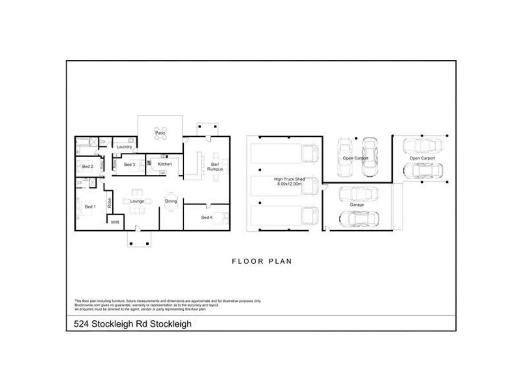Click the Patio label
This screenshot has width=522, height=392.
pyautogui.click(x=159, y=133)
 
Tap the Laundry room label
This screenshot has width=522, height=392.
pyautogui.click(x=125, y=147)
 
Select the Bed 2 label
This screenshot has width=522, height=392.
pyautogui.click(x=88, y=167)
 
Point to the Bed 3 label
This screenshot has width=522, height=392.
pyautogui.click(x=129, y=165)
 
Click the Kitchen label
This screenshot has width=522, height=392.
pyautogui.click(x=165, y=164)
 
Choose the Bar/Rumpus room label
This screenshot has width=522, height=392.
pyautogui.click(x=215, y=167)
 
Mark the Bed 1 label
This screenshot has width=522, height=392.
pyautogui.click(x=90, y=207)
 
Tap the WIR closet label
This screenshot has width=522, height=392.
pyautogui.click(x=115, y=222)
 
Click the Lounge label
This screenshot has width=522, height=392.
pyautogui.click(x=137, y=201)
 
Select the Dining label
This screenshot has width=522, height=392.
pyautogui.click(x=171, y=201)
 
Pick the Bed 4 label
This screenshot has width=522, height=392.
pyautogui.click(x=206, y=217)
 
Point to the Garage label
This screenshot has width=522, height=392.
pyautogui.click(x=356, y=204)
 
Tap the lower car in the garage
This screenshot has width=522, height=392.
pyautogui.click(x=358, y=218)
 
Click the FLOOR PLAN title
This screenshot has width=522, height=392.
pyautogui.click(x=262, y=261)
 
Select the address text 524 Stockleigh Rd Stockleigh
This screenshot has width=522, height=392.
pyautogui.click(x=130, y=323)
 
